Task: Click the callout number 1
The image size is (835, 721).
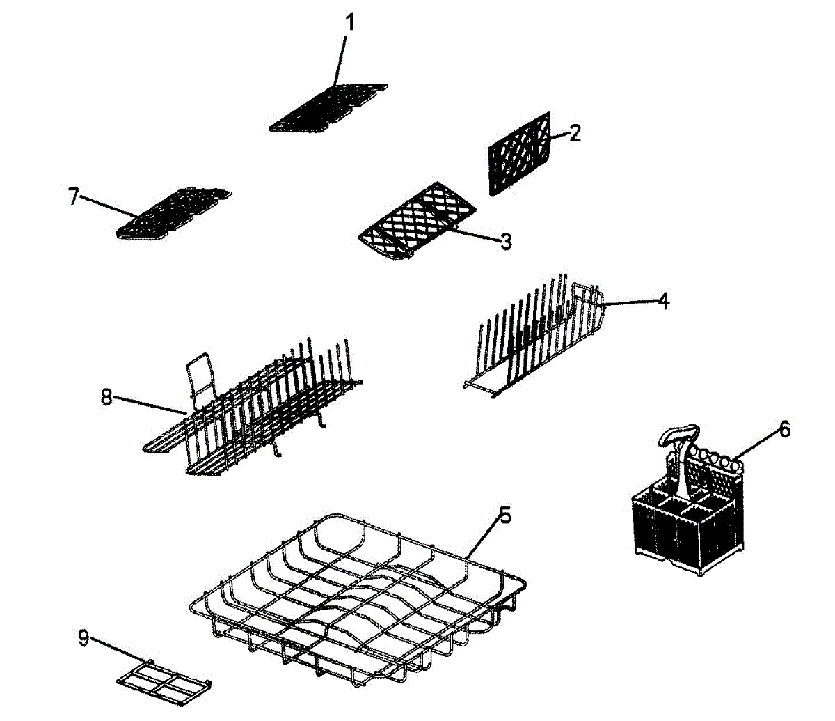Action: pos(350,22)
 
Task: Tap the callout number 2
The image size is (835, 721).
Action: pos(574,133)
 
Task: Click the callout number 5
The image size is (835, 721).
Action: pos(505,516)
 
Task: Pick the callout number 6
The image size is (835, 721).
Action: pos(784,429)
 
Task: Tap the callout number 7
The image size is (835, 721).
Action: pos(74,196)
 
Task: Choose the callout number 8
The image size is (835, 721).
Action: pos(106,398)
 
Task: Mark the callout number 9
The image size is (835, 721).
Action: pos(83,638)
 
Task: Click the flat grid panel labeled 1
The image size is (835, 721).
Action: pos(327,108)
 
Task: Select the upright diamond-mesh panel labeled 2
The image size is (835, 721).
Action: pos(520,153)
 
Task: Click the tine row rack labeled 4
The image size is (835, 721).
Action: pos(536,334)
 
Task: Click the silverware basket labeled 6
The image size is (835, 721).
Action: pos(685,522)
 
